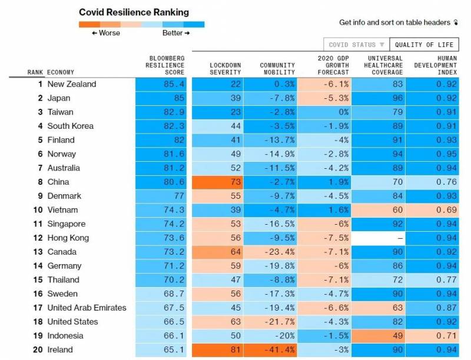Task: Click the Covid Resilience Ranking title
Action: (x=134, y=12)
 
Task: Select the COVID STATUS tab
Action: (x=356, y=45)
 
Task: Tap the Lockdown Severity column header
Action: (x=225, y=68)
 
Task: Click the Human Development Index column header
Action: (x=435, y=65)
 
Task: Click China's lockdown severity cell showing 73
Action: (x=218, y=182)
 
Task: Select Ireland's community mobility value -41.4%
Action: (x=272, y=349)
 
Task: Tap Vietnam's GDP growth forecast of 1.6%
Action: (x=324, y=210)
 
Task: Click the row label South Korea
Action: (x=70, y=126)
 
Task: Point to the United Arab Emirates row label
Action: (x=87, y=308)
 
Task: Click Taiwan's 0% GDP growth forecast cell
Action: (x=324, y=112)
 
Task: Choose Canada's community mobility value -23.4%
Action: (x=272, y=252)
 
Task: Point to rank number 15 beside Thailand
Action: (x=37, y=280)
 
